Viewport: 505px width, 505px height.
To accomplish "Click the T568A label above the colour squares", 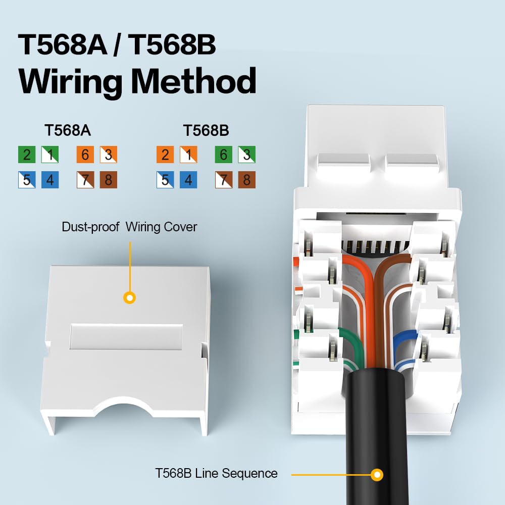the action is pos(68,130).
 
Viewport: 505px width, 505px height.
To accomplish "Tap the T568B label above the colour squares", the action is pos(206,130).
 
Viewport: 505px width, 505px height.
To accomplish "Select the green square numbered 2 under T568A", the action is pos(27,155).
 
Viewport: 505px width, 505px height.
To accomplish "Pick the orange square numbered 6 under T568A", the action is pos(85,155).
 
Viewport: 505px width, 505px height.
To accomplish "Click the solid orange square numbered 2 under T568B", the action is pos(165,155).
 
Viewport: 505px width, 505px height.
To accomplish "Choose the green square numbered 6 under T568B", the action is pos(224,155).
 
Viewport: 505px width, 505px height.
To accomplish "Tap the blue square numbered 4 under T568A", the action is pos(50,180).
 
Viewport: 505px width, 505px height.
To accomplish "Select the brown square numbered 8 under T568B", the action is pos(247,180).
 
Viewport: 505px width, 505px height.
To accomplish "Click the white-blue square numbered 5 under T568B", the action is pos(165,180).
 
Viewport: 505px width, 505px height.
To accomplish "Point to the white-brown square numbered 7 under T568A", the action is pos(85,180).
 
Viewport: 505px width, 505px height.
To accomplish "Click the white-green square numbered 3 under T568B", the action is pos(247,155).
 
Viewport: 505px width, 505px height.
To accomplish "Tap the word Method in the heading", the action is pos(193,81).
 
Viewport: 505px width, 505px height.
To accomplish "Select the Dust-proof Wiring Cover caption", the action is pos(129,227).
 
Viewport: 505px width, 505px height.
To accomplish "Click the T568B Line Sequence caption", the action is pos(216,474).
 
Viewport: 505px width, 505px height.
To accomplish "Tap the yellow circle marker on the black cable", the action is pos(377,474).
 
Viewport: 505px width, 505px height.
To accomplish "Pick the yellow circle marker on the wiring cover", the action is pos(129,297).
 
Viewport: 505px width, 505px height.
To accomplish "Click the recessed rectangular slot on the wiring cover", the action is pos(126,336).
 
